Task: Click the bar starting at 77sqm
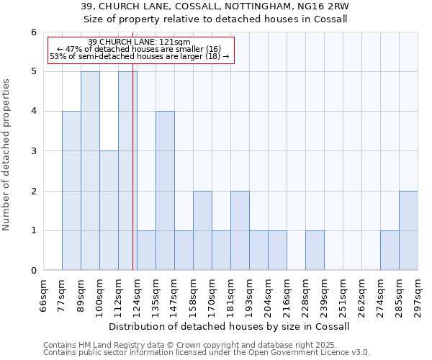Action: click(71, 191)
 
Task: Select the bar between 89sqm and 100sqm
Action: click(90, 171)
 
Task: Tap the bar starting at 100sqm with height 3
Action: click(109, 210)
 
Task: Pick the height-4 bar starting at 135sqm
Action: click(165, 191)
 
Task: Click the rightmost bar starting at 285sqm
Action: click(408, 230)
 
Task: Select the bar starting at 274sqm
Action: click(390, 251)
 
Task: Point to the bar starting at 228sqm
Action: click(315, 251)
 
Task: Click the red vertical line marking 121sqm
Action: click(133, 180)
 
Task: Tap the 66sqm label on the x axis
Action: click(43, 295)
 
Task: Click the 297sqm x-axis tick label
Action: click(418, 295)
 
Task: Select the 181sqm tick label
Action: click(230, 295)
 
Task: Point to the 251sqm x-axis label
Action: click(343, 295)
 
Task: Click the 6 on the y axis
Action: click(33, 32)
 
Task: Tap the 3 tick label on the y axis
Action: click(33, 151)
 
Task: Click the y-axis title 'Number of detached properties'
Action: click(7, 155)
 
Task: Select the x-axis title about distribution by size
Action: click(230, 326)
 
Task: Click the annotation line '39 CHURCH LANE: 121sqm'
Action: click(139, 42)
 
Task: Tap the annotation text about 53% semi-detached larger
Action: click(139, 56)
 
